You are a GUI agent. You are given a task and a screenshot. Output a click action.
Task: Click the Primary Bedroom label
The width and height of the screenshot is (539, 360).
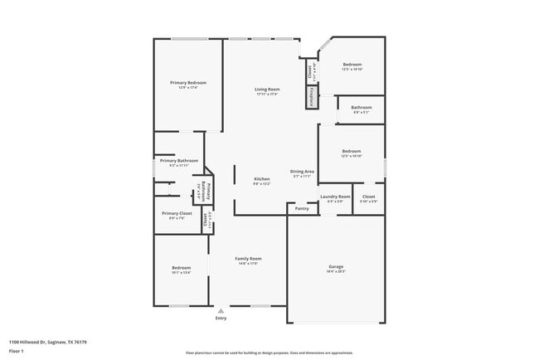pos(188,83)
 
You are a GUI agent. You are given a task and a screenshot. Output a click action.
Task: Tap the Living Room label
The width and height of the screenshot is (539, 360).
pos(266,89)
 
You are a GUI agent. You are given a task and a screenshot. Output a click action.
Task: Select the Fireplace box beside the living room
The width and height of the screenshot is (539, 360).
pos(313,97)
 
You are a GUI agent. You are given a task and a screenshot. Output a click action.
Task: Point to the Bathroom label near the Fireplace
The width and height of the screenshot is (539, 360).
pos(361,107)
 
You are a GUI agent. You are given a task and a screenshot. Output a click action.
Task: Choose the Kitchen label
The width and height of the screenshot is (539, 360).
pos(262,178)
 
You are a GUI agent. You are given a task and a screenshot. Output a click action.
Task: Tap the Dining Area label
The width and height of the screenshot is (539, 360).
pos(302,170)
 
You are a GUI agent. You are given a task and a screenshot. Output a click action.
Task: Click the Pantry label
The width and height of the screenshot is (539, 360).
pos(302,208)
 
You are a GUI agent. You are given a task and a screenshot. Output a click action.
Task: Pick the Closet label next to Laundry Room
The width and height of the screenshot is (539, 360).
pos(368,197)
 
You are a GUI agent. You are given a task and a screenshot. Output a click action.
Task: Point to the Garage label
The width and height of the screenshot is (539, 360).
pos(336,266)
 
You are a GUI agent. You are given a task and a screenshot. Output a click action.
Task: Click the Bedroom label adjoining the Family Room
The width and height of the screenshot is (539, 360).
pos(181,267)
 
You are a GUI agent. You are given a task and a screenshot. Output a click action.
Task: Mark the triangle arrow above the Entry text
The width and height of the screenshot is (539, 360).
pos(221,311)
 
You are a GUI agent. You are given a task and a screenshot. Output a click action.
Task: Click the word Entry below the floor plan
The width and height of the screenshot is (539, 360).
pos(221,318)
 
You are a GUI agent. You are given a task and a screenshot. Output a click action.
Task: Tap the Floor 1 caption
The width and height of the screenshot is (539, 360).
pos(17,351)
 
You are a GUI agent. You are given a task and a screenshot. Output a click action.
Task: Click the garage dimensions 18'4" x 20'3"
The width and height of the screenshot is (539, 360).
pos(336,271)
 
